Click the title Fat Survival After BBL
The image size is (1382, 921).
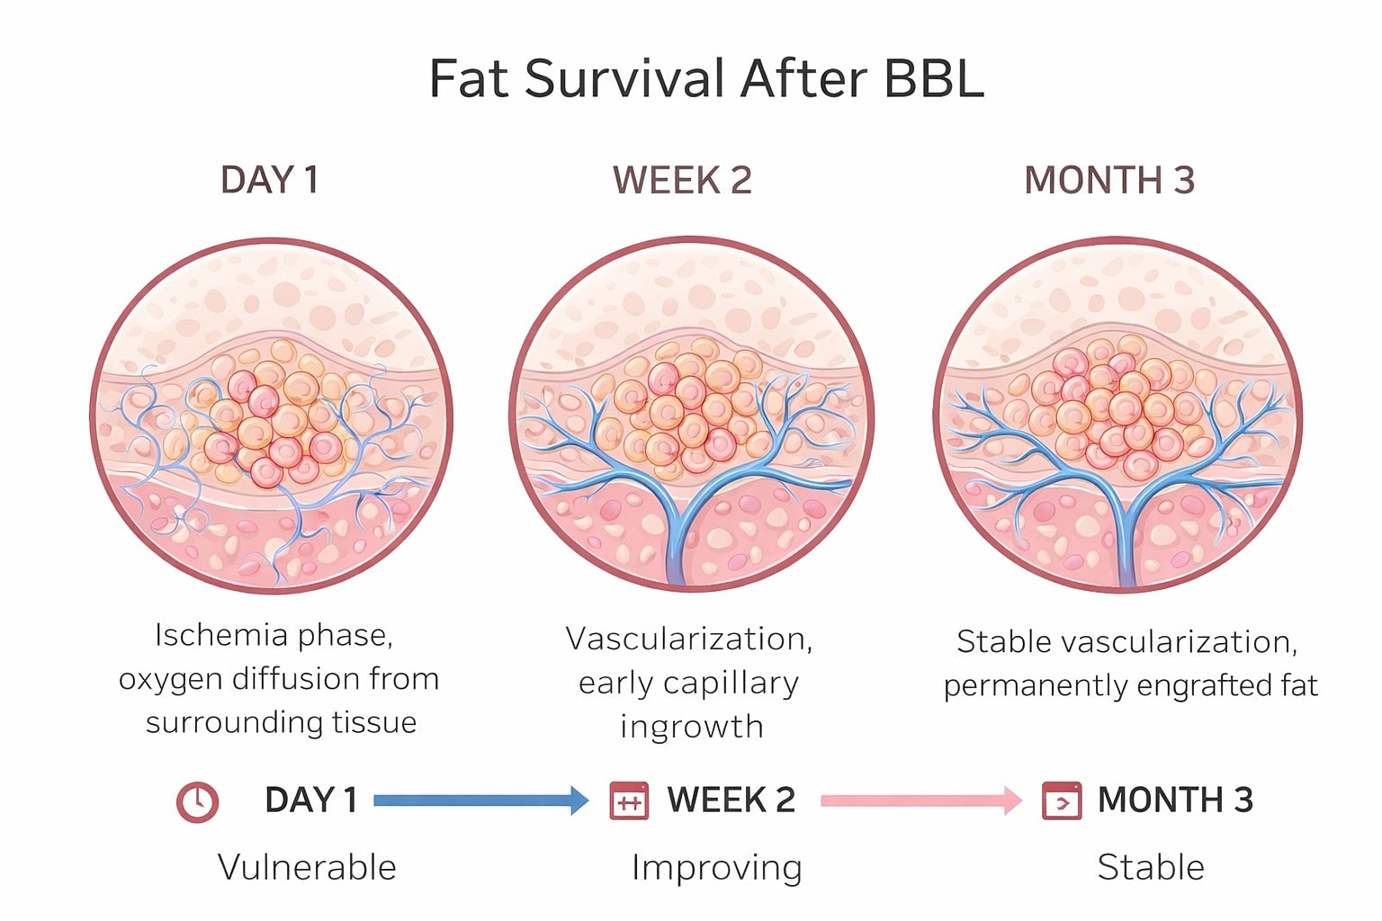tap(706, 78)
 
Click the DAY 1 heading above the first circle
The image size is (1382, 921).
tap(269, 180)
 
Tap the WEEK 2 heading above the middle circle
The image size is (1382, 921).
tap(682, 180)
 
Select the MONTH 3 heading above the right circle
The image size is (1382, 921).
tap(1108, 180)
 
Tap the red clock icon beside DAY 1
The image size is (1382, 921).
tap(197, 801)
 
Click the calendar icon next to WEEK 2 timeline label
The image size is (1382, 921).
tap(629, 800)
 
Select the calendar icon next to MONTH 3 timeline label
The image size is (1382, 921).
tap(1061, 800)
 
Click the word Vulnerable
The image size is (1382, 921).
tap(307, 868)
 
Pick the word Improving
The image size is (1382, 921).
tap(716, 868)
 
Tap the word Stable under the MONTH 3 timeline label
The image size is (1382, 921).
tap(1150, 868)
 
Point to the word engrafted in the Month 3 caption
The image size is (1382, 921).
tap(1194, 686)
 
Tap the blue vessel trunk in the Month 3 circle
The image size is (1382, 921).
tap(1123, 540)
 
